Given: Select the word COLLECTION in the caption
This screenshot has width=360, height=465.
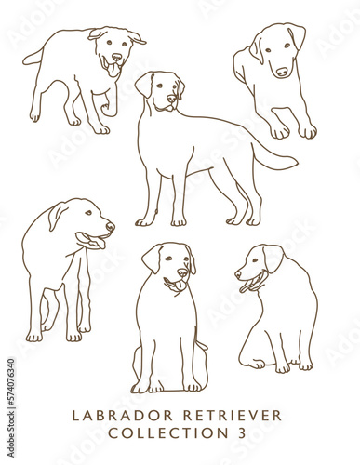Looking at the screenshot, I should tap(161, 434).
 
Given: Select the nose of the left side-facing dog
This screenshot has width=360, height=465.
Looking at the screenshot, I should tap(111, 226).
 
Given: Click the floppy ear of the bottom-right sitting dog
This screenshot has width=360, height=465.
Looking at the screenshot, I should tap(273, 257).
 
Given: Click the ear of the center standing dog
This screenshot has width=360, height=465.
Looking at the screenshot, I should tap(144, 85).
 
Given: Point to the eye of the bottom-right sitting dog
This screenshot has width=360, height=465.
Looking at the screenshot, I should tap(255, 259).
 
